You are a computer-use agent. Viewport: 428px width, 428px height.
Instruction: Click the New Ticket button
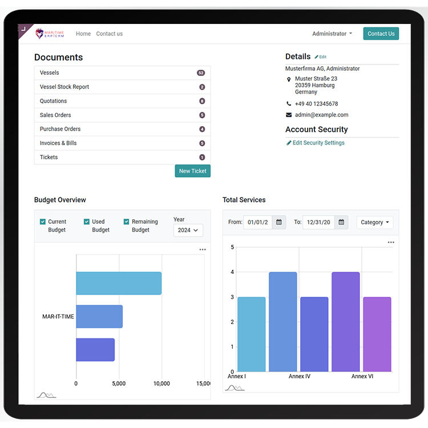pyautogui.click(x=193, y=171)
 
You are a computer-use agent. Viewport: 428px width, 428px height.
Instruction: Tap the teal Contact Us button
pyautogui.click(x=381, y=34)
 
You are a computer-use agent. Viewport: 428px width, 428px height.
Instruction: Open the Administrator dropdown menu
pyautogui.click(x=332, y=34)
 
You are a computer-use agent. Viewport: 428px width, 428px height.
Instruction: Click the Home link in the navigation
pyautogui.click(x=83, y=34)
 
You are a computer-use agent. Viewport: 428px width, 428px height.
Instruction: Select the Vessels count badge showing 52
pyautogui.click(x=201, y=73)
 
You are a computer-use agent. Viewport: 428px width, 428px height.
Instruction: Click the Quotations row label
pyautogui.click(x=53, y=101)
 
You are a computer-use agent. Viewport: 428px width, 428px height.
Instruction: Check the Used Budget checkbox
pyautogui.click(x=87, y=221)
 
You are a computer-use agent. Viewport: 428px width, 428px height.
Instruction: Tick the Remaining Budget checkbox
pyautogui.click(x=126, y=221)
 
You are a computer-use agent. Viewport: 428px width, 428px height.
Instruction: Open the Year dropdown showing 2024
pyautogui.click(x=188, y=230)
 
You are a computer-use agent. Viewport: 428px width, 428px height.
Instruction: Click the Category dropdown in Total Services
pyautogui.click(x=375, y=222)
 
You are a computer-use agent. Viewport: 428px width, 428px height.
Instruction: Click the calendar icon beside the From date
pyautogui.click(x=278, y=222)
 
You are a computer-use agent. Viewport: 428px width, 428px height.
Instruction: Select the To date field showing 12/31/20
pyautogui.click(x=318, y=222)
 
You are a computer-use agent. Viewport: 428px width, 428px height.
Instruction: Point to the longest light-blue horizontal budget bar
pyautogui.click(x=119, y=283)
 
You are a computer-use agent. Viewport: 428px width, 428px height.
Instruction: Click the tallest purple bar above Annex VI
pyautogui.click(x=346, y=321)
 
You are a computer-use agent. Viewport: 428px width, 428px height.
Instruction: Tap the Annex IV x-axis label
pyautogui.click(x=300, y=376)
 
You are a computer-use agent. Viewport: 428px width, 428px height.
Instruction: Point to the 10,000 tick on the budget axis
pyautogui.click(x=161, y=383)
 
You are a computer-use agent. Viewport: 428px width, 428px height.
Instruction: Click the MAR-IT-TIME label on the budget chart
pyautogui.click(x=58, y=317)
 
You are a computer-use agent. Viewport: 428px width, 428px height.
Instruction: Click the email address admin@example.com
pyautogui.click(x=321, y=115)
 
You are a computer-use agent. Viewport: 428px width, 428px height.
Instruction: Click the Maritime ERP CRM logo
pyautogui.click(x=50, y=34)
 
